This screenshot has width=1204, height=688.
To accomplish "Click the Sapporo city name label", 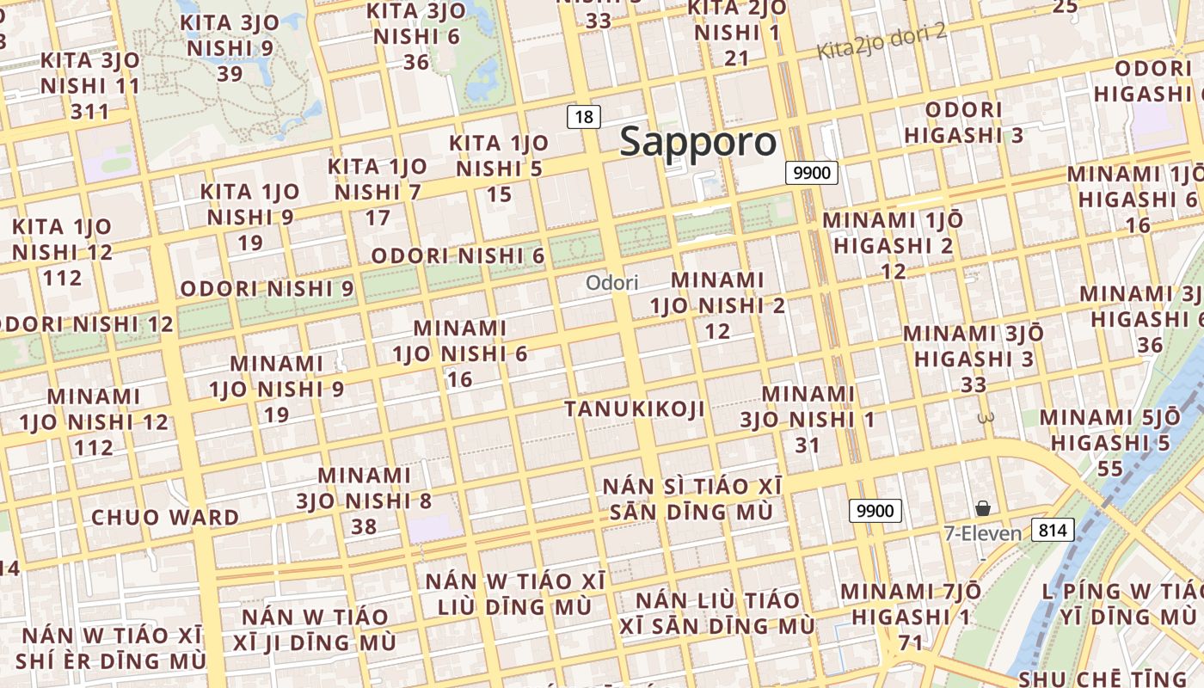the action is pyautogui.click(x=697, y=142).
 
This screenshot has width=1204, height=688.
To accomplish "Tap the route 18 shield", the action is pyautogui.click(x=583, y=117).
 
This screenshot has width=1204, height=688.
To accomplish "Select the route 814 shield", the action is pyautogui.click(x=1053, y=530).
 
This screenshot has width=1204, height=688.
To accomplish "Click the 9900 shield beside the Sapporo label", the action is pyautogui.click(x=812, y=173).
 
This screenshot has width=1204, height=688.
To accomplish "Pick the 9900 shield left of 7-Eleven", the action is pyautogui.click(x=875, y=510).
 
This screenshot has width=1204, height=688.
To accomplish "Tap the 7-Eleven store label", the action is pyautogui.click(x=982, y=534).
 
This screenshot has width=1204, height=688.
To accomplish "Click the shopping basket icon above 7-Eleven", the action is pyautogui.click(x=983, y=509).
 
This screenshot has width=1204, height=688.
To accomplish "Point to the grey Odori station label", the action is pyautogui.click(x=611, y=282).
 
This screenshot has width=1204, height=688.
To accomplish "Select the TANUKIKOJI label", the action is pyautogui.click(x=635, y=409).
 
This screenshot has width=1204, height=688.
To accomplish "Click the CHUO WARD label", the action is pyautogui.click(x=165, y=518).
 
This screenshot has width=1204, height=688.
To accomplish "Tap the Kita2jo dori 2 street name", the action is pyautogui.click(x=881, y=41).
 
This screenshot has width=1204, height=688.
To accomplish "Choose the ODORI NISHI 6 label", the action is pyautogui.click(x=458, y=256).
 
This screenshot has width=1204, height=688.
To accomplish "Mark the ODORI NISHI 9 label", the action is pyautogui.click(x=267, y=289).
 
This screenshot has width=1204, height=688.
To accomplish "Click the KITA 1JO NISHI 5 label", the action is pyautogui.click(x=499, y=169).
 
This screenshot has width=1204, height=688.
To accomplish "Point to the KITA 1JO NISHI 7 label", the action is pyautogui.click(x=378, y=192).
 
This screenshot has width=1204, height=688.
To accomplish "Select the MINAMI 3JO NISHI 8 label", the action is pyautogui.click(x=365, y=501).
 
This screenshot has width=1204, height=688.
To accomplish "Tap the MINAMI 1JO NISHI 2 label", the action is pyautogui.click(x=717, y=305).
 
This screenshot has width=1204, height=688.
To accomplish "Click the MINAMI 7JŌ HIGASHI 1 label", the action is pyautogui.click(x=911, y=617).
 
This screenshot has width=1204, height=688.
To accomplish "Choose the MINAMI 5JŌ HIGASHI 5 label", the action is pyautogui.click(x=1110, y=443).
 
